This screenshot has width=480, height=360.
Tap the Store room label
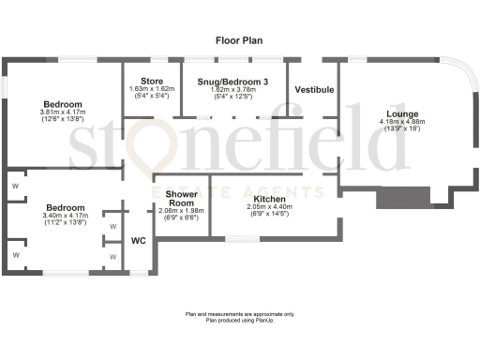tap(151, 81)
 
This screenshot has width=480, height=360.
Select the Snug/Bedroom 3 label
tap(232, 82)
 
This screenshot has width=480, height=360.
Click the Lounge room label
tap(389, 112)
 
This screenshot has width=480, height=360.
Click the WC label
tap(138, 240)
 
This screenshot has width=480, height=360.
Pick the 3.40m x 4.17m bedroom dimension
tap(65, 216)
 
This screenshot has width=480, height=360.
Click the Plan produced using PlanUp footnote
tap(239, 320)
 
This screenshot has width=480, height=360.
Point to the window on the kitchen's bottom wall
tap(242, 238)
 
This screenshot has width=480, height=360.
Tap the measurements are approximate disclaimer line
tap(239, 314)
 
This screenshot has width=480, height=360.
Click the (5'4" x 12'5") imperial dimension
tap(232, 96)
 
